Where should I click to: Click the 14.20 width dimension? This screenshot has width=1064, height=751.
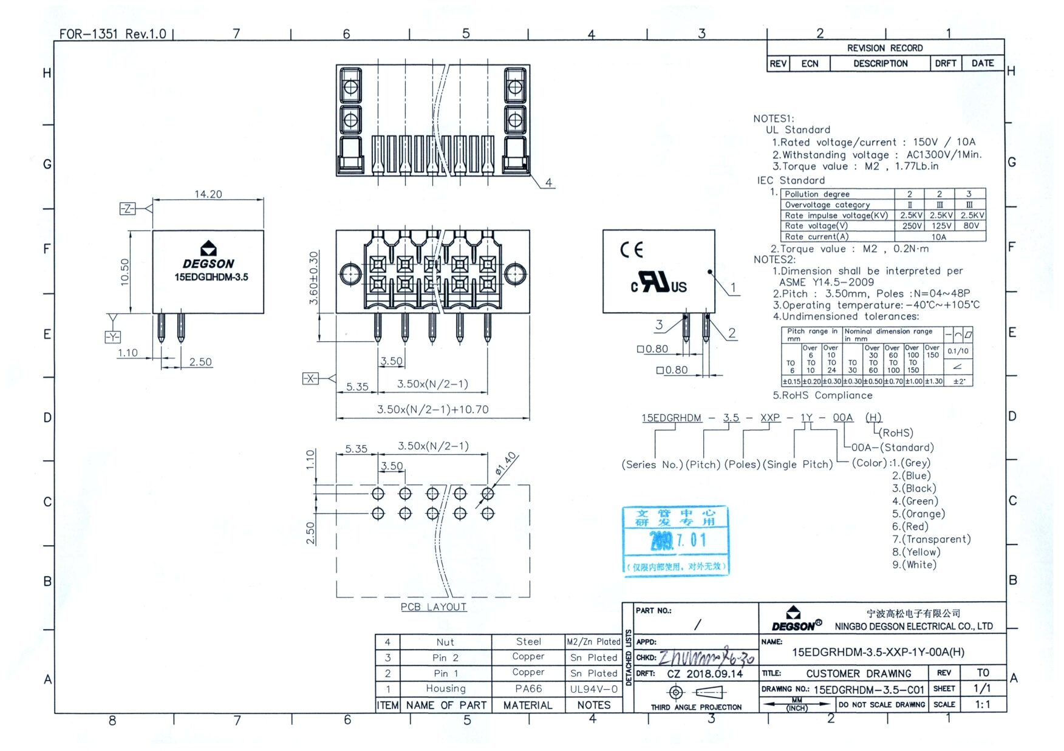coord(208,194)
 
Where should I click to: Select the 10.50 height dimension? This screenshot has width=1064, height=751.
coord(124,272)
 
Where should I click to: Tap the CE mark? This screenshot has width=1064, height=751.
coord(631,250)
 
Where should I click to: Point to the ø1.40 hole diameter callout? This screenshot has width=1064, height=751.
coord(505,463)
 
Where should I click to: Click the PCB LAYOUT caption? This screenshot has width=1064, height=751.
coord(434,607)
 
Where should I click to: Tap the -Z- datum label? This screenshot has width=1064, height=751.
coord(127,209)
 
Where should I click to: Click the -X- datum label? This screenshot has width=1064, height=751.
coord(310,378)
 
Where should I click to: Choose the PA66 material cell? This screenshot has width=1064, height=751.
coord(528,688)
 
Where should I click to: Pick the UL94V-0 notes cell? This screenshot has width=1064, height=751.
coord(593,688)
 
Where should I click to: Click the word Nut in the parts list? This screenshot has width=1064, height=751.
coord(445,642)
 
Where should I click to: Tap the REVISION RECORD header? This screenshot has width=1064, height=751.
coord(884,48)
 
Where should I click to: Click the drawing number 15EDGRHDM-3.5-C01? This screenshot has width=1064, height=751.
coord(868,690)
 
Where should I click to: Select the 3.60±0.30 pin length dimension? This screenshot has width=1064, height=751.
coord(313,278)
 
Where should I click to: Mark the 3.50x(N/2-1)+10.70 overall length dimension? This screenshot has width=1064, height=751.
coord(432,409)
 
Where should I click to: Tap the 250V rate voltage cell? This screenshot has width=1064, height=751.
coord(912,226)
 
